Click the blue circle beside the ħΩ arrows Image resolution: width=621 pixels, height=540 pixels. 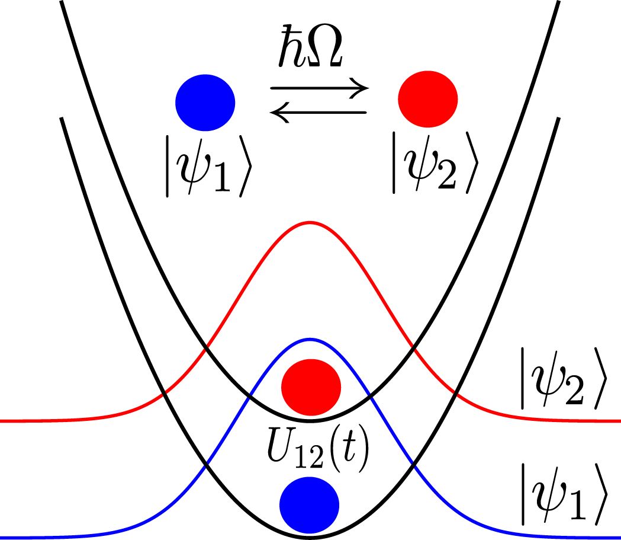tap(205, 102)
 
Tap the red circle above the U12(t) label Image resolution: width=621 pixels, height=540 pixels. tap(311, 386)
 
